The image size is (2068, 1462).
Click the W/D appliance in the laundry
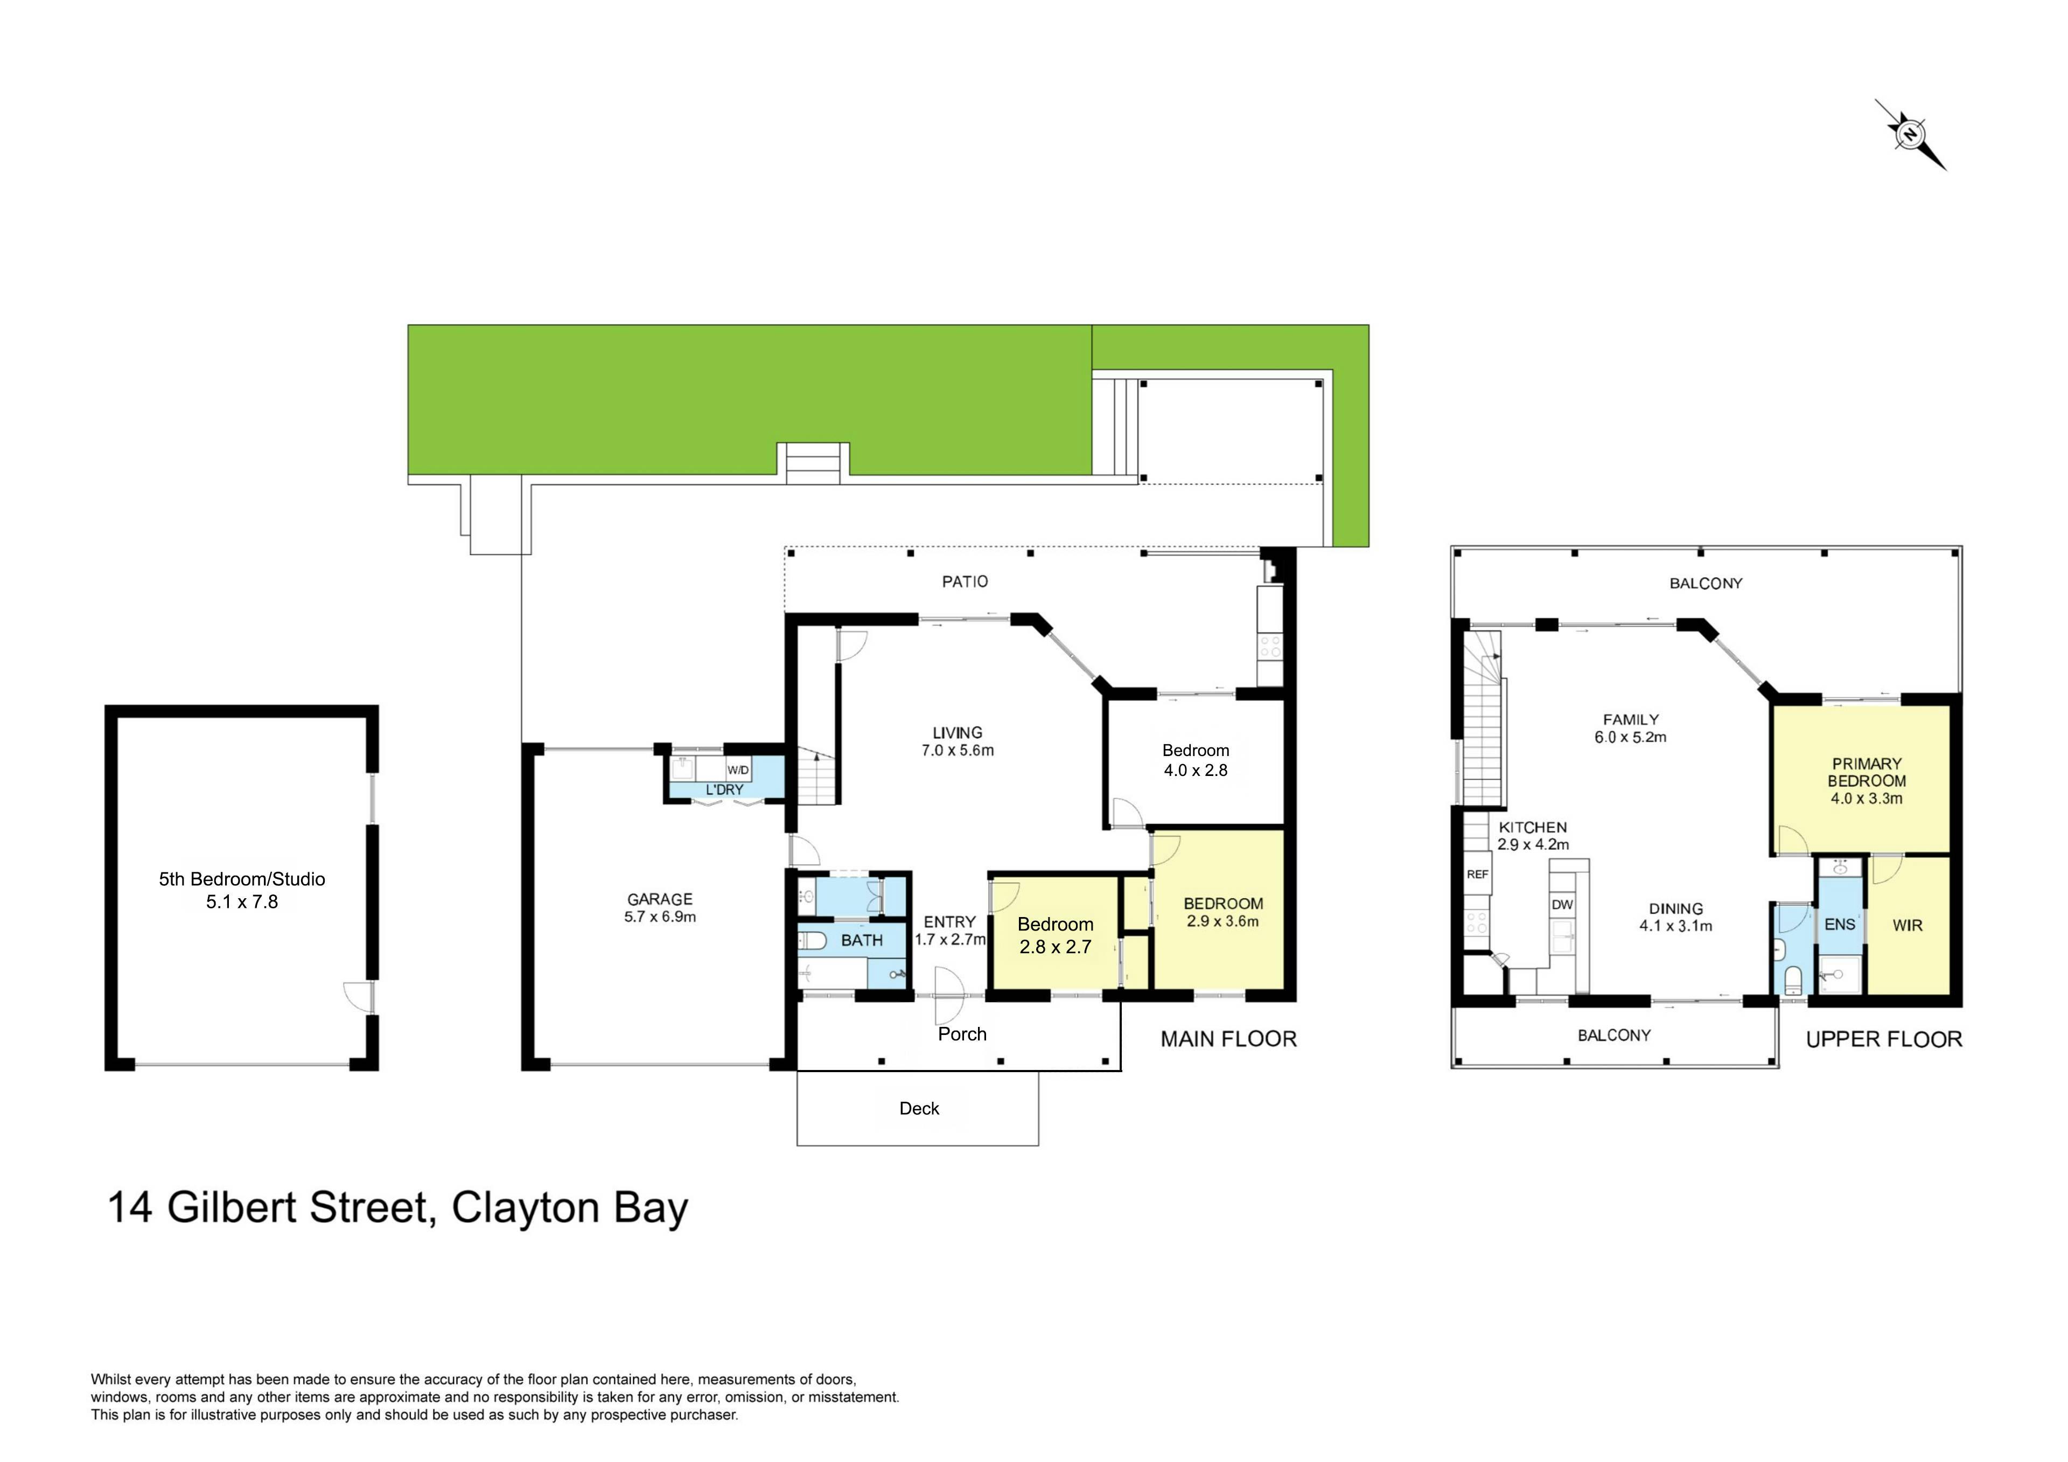tap(738, 770)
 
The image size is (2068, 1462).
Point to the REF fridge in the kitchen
tap(1477, 874)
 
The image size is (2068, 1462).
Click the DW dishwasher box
tap(1562, 905)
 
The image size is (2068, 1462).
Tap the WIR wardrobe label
tap(1907, 925)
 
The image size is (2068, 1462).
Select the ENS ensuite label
tap(1839, 924)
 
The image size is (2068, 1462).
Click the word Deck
tap(919, 1108)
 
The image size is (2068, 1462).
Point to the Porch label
tap(962, 1034)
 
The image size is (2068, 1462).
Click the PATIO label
tap(965, 582)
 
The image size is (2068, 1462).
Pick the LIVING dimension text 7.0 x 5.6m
tap(958, 750)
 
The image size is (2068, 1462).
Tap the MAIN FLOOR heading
tap(1228, 1039)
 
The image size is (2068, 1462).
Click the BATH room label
tap(862, 940)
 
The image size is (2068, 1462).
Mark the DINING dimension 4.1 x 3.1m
tap(1675, 926)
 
